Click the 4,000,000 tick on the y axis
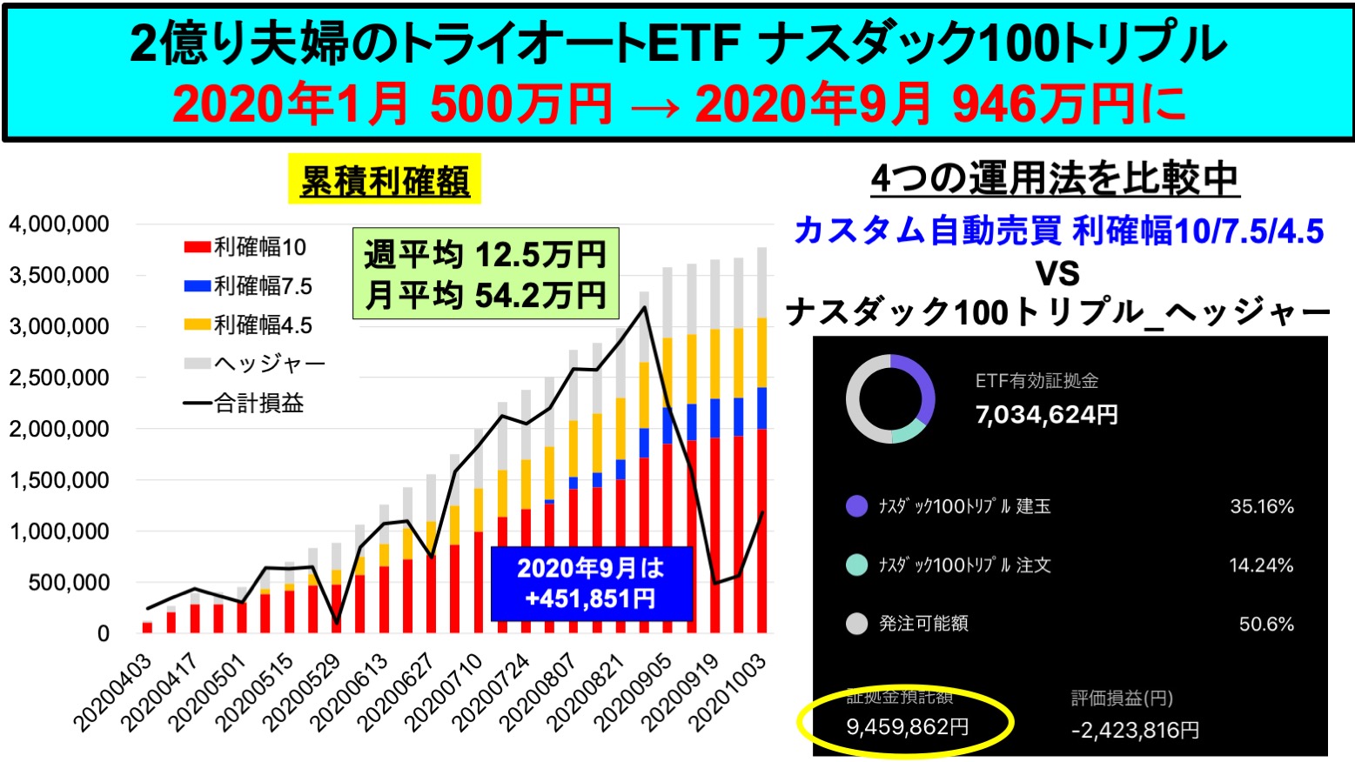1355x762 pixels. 59,224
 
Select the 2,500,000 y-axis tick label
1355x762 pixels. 59,378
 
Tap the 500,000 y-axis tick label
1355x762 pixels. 69,582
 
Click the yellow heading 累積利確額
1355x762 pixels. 385,182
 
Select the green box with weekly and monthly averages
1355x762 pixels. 485,274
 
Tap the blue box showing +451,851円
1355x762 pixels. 591,584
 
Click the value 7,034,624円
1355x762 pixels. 1046,415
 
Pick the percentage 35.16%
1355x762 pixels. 1261,506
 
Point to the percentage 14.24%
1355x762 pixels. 1261,565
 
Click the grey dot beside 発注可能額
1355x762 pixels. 857,624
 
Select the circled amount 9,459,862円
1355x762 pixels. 907,726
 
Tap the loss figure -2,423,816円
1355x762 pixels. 1135,730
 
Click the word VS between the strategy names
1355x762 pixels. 1057,273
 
